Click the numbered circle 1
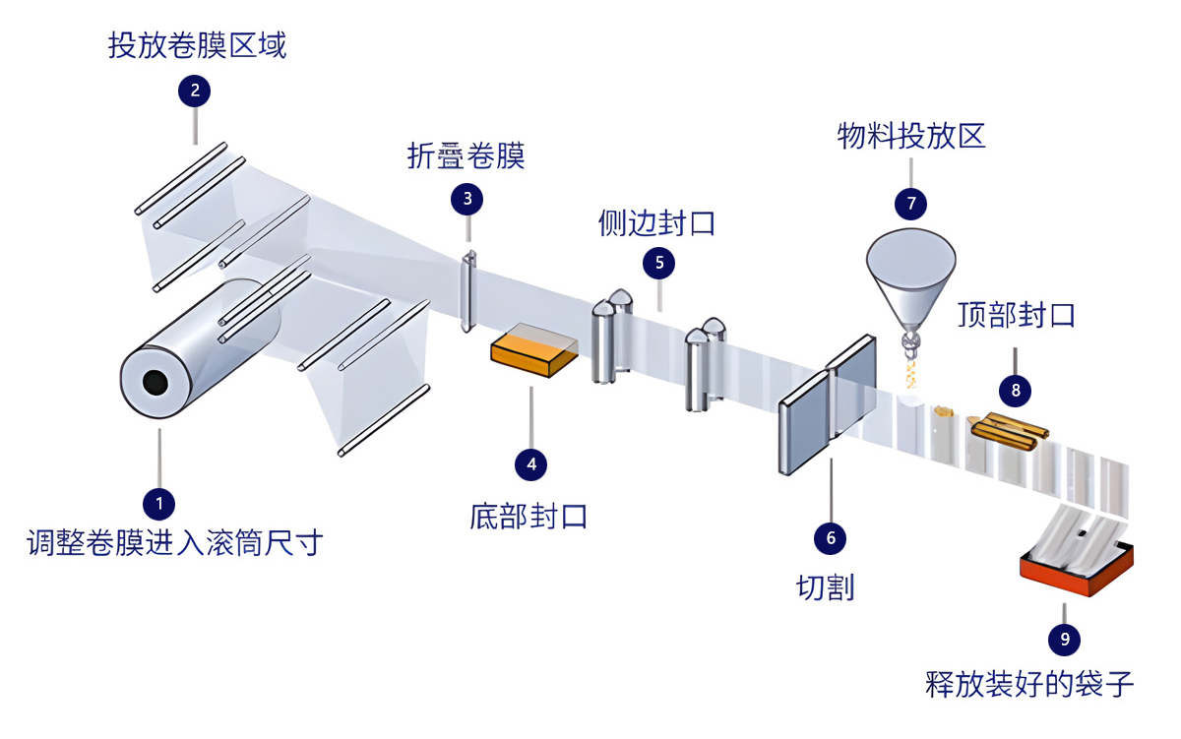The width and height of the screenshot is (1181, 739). click(158, 504)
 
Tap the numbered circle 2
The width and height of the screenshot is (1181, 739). click(194, 92)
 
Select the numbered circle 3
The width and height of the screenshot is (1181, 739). click(466, 199)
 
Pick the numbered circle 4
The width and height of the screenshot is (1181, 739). click(531, 463)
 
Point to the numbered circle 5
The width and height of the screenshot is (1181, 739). click(658, 263)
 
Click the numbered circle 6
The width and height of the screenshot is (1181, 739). click(830, 537)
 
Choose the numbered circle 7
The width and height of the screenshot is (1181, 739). click(910, 203)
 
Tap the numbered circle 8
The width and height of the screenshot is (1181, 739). click(1016, 390)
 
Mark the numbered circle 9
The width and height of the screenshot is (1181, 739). click(1064, 640)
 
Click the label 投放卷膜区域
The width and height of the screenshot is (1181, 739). click(197, 45)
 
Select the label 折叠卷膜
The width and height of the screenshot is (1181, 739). click(466, 155)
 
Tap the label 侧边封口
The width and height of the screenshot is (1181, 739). click(656, 223)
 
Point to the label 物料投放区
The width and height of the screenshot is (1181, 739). click(911, 135)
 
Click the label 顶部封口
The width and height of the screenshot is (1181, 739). click(1017, 315)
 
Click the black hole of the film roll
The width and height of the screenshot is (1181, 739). click(154, 382)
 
